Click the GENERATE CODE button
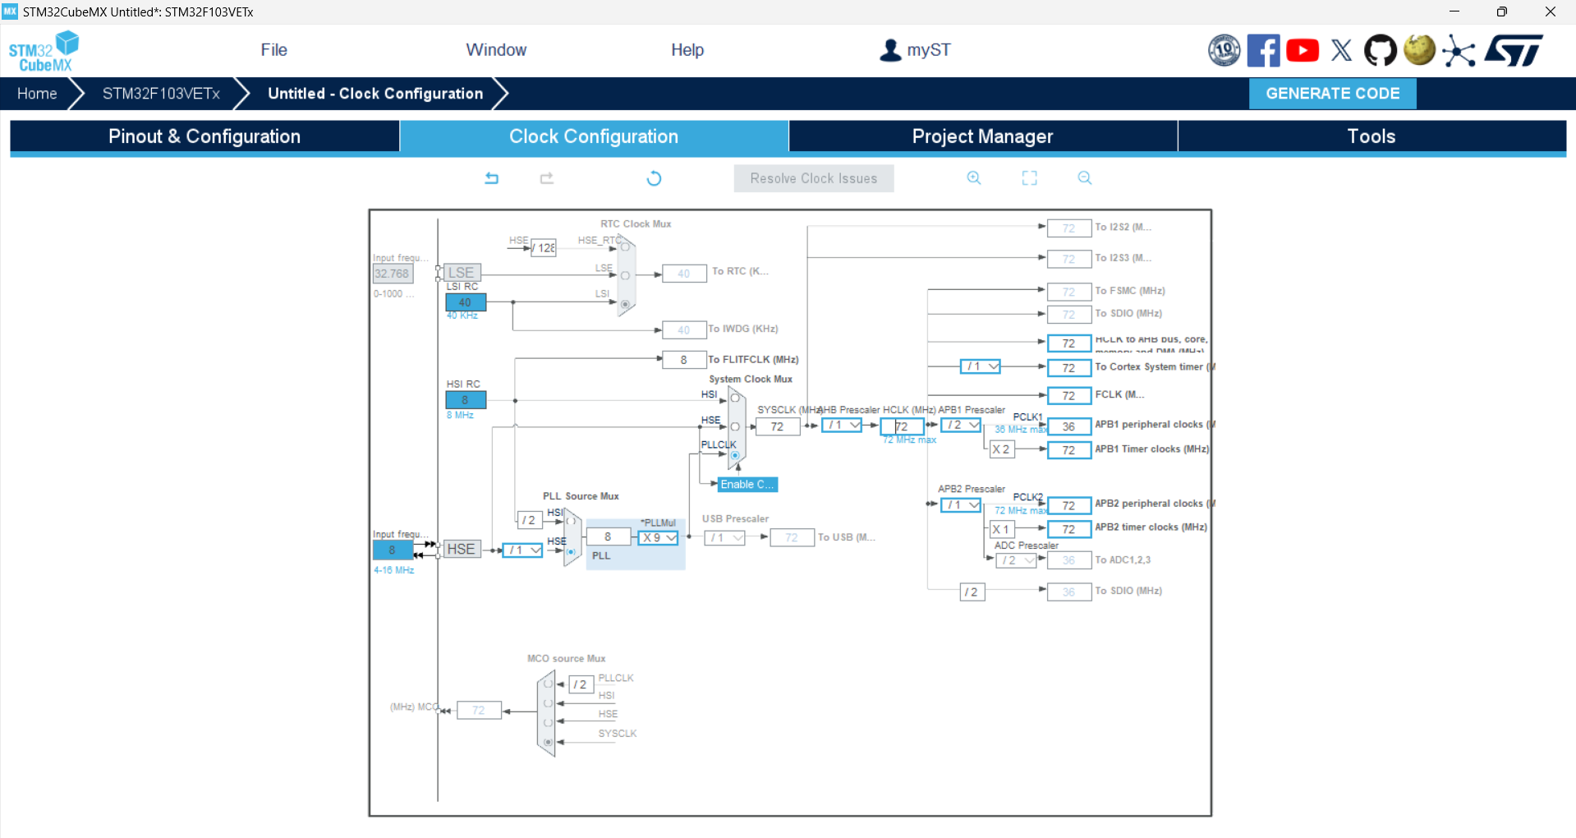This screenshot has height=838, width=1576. pyautogui.click(x=1332, y=94)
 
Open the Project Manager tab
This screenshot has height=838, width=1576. pyautogui.click(x=982, y=136)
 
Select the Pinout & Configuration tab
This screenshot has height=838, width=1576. pyautogui.click(x=204, y=136)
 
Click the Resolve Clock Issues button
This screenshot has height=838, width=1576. pyautogui.click(x=813, y=178)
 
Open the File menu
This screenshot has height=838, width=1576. pyautogui.click(x=273, y=50)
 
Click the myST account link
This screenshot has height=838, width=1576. pyautogui.click(x=915, y=50)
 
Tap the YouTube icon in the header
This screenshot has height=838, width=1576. pyautogui.click(x=1303, y=51)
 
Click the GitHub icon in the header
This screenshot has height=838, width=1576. pyautogui.click(x=1380, y=51)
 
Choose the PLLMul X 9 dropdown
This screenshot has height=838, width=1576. pyautogui.click(x=658, y=537)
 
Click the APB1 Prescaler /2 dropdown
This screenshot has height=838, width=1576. pyautogui.click(x=961, y=425)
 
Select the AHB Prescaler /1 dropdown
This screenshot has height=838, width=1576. pyautogui.click(x=842, y=425)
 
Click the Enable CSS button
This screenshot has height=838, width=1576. pyautogui.click(x=747, y=485)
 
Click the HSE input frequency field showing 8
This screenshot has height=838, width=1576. pyautogui.click(x=393, y=550)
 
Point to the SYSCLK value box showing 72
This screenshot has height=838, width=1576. pyautogui.click(x=777, y=426)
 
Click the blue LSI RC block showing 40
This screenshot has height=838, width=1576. pyautogui.click(x=466, y=302)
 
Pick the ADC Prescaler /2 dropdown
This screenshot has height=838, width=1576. pyautogui.click(x=1016, y=560)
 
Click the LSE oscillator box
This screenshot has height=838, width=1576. pyautogui.click(x=462, y=273)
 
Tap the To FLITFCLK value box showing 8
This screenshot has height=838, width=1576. pyautogui.click(x=684, y=359)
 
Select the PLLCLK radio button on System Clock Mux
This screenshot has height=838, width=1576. pyautogui.click(x=735, y=455)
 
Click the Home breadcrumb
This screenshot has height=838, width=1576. pyautogui.click(x=37, y=94)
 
